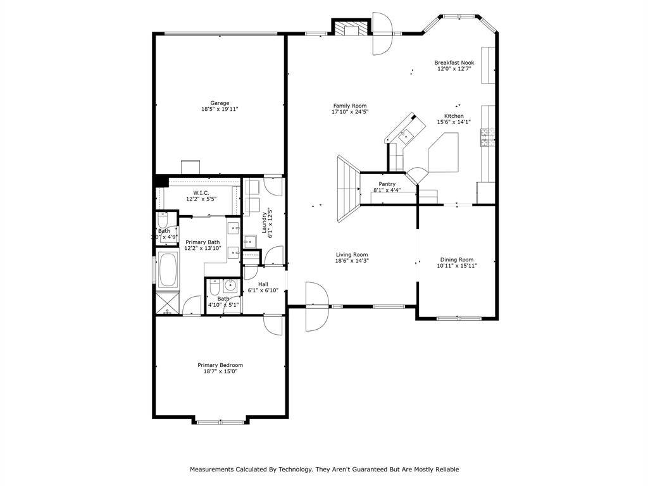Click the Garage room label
click(x=220, y=103)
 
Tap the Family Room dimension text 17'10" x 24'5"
click(x=349, y=112)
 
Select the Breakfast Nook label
click(x=454, y=63)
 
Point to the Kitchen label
click(x=454, y=116)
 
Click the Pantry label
click(x=387, y=184)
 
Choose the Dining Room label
click(x=457, y=259)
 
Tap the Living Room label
click(x=351, y=254)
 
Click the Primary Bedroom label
click(x=220, y=365)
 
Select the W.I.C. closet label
click(x=201, y=192)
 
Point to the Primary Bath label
click(x=202, y=242)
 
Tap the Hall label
click(x=263, y=284)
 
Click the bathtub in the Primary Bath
click(x=168, y=270)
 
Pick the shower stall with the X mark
click(x=168, y=303)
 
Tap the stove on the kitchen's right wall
click(x=488, y=138)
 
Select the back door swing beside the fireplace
click(x=383, y=34)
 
